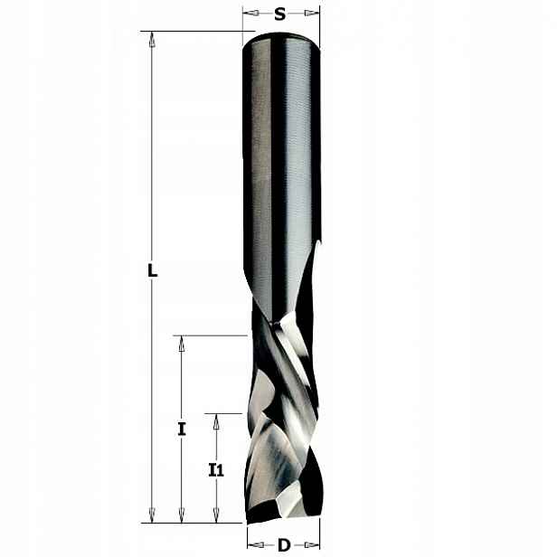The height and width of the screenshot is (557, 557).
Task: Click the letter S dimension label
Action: pos(280,14)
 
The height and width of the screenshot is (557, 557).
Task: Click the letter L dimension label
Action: pos(153,270)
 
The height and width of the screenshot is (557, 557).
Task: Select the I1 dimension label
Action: pos(216,470)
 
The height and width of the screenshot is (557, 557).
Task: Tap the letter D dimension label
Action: pos(284,545)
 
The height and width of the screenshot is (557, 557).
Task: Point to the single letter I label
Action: pos(182,430)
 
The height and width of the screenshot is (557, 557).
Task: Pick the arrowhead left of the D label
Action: pos(256,545)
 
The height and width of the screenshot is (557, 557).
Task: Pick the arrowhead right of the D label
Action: pos(312,545)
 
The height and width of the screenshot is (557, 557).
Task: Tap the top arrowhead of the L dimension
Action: pos(152,39)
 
